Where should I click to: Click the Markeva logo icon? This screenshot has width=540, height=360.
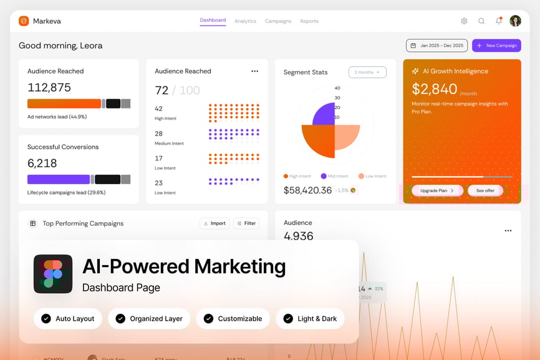(24, 21)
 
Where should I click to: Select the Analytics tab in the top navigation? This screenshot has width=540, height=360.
(245, 21)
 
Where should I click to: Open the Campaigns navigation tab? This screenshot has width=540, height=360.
(278, 21)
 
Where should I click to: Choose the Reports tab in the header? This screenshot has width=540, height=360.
(309, 21)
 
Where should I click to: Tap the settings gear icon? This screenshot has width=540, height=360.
(464, 21)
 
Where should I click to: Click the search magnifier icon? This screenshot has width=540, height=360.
(481, 21)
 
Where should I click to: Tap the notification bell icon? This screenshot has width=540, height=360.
(499, 21)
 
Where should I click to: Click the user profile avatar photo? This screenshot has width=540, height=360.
(515, 21)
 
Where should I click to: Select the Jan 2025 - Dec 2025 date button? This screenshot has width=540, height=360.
(436, 46)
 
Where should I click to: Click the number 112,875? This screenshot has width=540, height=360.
(49, 87)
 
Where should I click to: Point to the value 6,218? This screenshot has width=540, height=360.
(42, 163)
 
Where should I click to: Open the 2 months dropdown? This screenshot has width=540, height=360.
(367, 72)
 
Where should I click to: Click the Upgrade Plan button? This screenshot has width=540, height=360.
(437, 190)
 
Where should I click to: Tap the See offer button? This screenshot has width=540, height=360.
(485, 190)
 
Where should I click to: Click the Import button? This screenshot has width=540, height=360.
(215, 223)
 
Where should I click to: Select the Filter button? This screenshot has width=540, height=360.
(246, 223)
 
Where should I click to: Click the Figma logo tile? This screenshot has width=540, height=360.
(53, 274)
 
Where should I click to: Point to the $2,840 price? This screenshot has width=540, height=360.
(435, 89)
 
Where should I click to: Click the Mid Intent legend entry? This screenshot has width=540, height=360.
(335, 177)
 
